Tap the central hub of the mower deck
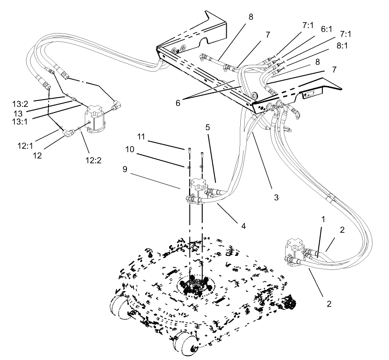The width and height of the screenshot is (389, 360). [x=195, y=286]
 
